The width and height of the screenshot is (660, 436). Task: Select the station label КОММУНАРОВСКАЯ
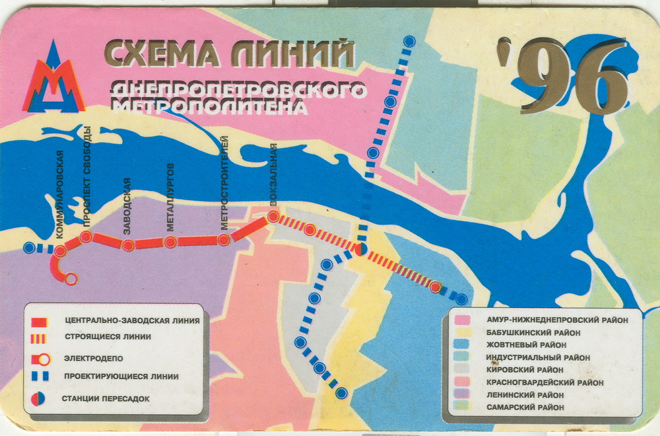(x=59, y=194)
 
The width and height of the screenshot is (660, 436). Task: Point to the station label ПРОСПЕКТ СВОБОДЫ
(x=86, y=181)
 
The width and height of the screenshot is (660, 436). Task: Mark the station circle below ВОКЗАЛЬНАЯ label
(x=273, y=216)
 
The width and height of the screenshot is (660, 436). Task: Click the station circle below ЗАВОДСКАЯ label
(x=128, y=245)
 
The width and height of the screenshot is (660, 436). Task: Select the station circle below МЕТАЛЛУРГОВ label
(x=170, y=242)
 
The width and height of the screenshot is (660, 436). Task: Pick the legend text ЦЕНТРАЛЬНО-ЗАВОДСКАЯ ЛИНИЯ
(x=132, y=322)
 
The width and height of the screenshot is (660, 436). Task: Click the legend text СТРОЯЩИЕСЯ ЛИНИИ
(x=108, y=336)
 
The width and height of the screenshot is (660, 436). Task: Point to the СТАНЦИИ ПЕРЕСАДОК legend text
(x=106, y=398)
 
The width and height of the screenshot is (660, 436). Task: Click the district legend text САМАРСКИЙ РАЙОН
(x=525, y=408)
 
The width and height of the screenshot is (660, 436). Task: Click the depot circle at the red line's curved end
(x=71, y=278)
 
